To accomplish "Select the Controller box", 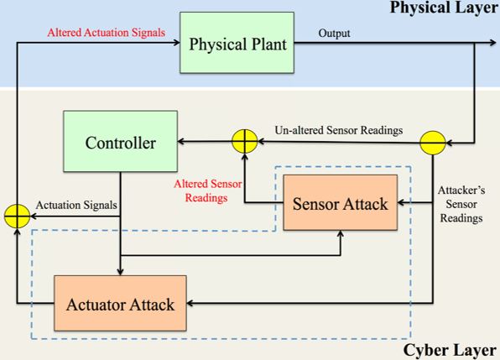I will [120, 143].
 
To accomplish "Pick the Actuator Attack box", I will [120, 303].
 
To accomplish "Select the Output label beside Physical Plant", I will [335, 34].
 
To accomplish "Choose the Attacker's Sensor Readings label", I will [461, 204].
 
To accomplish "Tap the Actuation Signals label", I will [76, 206].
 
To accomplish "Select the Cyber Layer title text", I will [458, 350].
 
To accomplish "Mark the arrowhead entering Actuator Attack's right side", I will [190, 303].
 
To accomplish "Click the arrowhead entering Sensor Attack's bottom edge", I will [341, 234].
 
